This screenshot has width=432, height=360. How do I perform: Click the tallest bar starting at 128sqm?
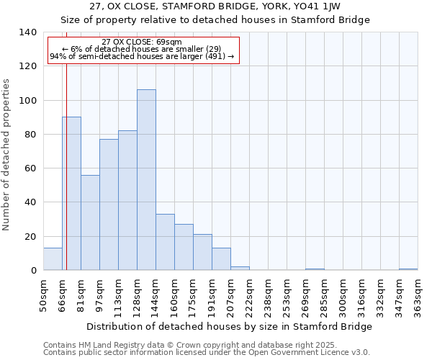click(146, 180)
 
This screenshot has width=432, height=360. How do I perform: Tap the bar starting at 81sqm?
click(90, 222)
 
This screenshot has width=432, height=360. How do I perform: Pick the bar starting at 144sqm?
click(165, 242)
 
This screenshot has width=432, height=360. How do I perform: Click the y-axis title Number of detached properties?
click(6, 155)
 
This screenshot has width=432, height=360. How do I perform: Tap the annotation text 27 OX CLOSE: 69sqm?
click(142, 42)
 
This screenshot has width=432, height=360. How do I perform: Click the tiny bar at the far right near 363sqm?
click(408, 269)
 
